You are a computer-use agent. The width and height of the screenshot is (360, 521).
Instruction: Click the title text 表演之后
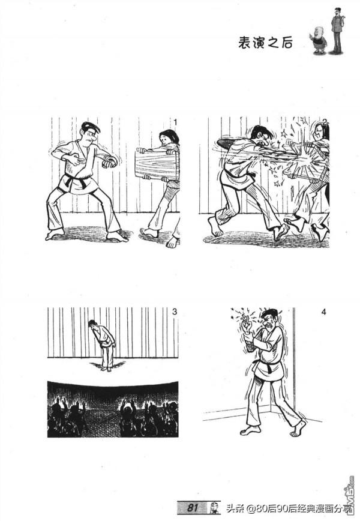tap(265, 43)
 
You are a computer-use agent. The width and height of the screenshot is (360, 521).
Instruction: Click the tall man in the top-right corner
tap(337, 30)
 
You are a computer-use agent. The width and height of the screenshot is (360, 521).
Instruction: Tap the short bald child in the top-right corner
tap(319, 40)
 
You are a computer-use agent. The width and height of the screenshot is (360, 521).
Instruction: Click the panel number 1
tap(176, 122)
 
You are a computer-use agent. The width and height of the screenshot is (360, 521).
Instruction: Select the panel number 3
tap(175, 312)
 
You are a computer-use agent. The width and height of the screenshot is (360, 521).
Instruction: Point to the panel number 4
tap(324, 312)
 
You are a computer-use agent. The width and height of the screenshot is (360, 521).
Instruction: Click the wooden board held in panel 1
tap(157, 164)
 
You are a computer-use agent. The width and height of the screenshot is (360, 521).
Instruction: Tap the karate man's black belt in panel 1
tap(76, 179)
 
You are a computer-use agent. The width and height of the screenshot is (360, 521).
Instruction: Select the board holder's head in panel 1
tap(169, 137)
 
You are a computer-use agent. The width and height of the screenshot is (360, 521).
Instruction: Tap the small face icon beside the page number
tap(215, 508)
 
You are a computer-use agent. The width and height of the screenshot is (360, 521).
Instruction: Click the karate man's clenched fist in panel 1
tap(110, 161)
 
